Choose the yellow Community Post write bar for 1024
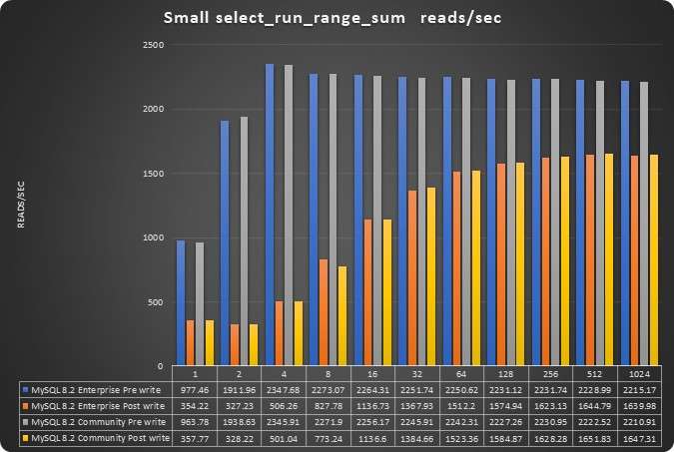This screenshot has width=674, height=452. point(654,259)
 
